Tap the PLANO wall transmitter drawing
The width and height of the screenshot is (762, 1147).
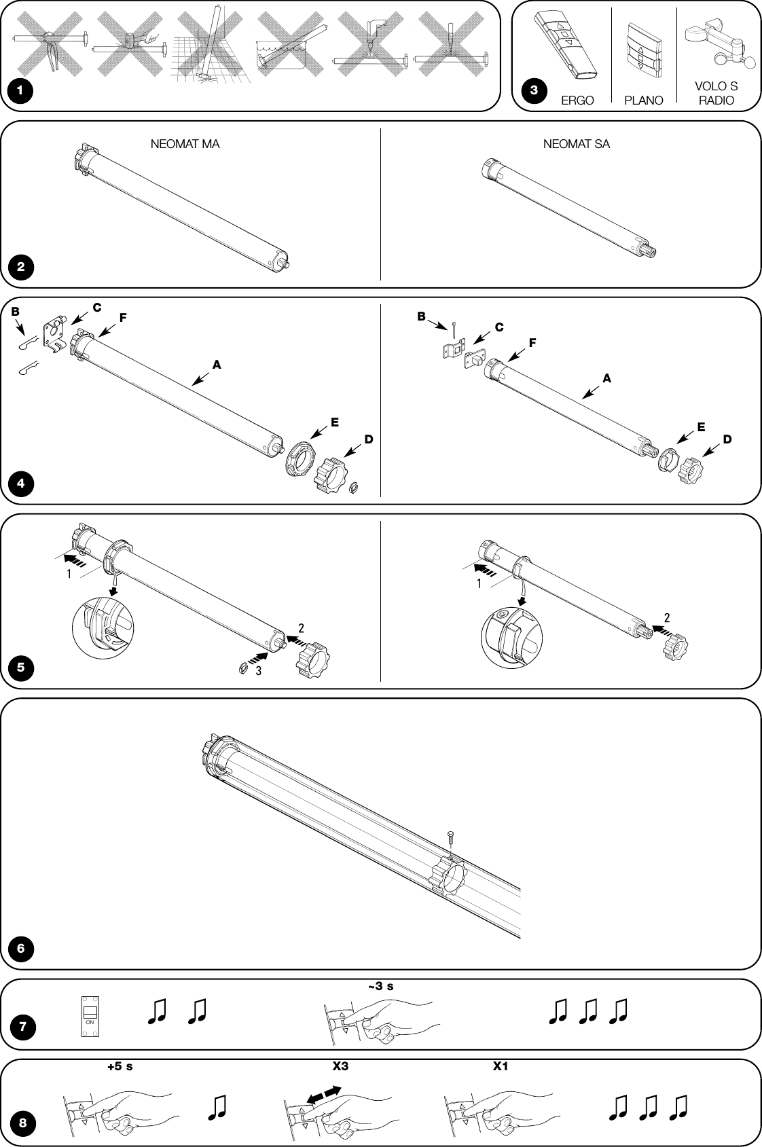(643, 52)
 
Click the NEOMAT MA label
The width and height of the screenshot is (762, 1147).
(185, 144)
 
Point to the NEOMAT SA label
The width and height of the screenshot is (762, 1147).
(577, 144)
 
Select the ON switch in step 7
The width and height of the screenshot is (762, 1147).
(90, 1017)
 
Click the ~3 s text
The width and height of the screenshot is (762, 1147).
(380, 986)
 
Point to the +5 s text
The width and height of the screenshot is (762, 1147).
(120, 1067)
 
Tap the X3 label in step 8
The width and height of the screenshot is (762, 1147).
(340, 1067)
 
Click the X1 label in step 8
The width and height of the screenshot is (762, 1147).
(501, 1067)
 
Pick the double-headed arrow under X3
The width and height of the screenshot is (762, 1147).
(323, 1092)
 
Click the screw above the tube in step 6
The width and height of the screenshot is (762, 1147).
(450, 838)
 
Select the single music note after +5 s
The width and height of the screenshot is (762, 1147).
(218, 1106)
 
